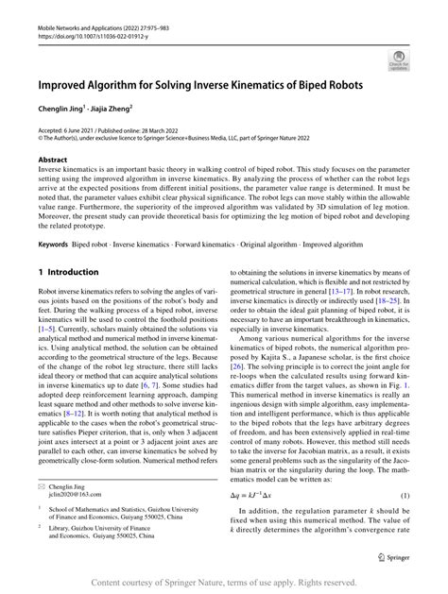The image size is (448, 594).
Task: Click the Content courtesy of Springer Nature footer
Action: click(x=224, y=584)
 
